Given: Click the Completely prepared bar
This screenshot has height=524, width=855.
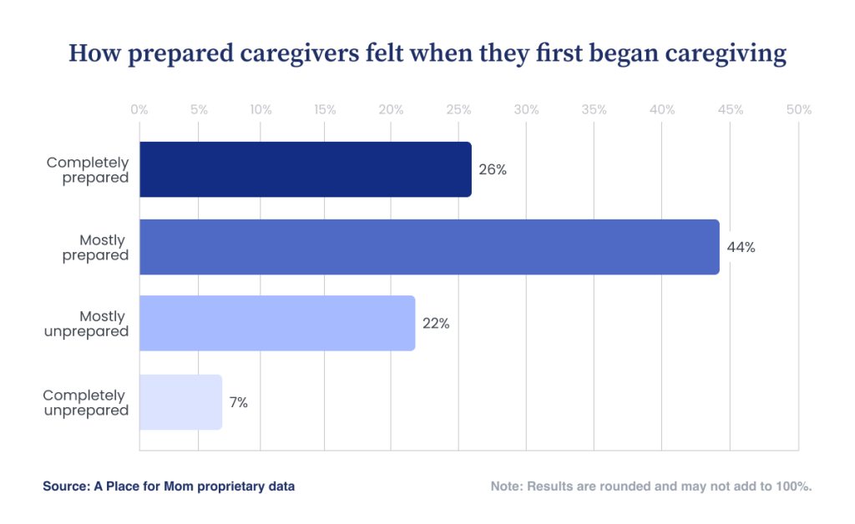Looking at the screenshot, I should [x=305, y=169].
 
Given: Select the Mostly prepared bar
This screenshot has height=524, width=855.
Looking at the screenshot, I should [x=429, y=247].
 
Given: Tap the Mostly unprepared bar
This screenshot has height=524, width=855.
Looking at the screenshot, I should [x=277, y=323].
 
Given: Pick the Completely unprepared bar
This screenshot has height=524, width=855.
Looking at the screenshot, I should [x=180, y=402].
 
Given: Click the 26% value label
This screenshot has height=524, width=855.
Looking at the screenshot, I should [x=493, y=169].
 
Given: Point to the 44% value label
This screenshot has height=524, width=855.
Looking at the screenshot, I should [x=741, y=247].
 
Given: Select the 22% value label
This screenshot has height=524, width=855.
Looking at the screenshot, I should [x=436, y=324].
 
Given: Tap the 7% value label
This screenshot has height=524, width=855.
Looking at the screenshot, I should [x=239, y=402].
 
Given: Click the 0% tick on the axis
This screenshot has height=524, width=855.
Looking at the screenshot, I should [x=139, y=110].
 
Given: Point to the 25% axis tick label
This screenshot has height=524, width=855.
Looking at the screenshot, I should [x=459, y=110].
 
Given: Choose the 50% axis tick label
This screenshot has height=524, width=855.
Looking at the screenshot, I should [x=799, y=110].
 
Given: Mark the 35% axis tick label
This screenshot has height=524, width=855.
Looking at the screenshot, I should [x=594, y=110].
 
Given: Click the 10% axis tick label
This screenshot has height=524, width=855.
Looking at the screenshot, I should [x=261, y=110].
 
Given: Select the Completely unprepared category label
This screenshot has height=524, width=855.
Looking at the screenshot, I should [x=85, y=402].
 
